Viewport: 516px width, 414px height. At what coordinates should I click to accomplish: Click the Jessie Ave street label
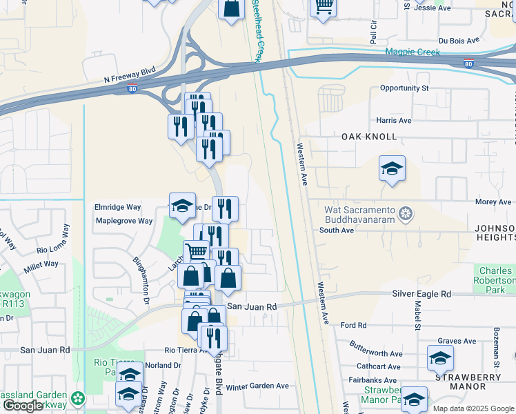[x=433, y=8]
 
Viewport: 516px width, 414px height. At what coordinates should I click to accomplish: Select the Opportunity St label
[x=404, y=88]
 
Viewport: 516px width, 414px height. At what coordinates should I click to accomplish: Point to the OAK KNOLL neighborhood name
[x=370, y=137]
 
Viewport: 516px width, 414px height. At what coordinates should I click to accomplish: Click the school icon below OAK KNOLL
[x=392, y=168]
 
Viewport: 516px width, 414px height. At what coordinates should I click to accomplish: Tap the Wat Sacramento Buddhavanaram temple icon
[x=406, y=214]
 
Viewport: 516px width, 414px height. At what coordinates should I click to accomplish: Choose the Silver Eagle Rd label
[x=421, y=293]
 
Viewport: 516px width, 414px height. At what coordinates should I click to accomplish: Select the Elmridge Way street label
[x=117, y=207]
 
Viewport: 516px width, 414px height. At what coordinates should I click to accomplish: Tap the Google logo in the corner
[x=23, y=406]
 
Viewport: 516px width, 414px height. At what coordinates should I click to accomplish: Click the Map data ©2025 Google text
[x=473, y=408]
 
